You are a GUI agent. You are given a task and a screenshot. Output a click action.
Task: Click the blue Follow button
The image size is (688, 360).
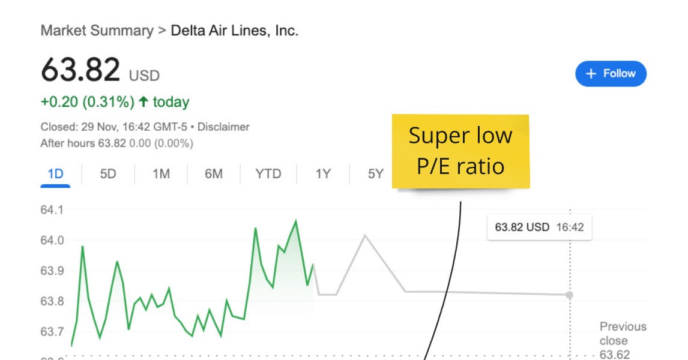[611, 74]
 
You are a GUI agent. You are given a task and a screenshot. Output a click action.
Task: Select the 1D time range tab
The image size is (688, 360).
[55, 174]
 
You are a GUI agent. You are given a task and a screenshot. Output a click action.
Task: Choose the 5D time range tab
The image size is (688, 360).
[108, 174]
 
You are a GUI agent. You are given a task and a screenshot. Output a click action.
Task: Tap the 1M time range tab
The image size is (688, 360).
[161, 174]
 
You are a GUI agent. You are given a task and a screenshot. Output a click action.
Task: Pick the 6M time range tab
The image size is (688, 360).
[213, 174]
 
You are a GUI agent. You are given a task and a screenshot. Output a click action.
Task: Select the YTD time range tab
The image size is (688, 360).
[268, 174]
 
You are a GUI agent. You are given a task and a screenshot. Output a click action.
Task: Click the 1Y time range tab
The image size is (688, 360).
[323, 174]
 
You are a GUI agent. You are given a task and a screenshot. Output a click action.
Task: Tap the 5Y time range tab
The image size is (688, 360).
[375, 174]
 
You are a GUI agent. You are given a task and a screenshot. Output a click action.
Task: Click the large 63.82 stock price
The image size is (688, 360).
[80, 70]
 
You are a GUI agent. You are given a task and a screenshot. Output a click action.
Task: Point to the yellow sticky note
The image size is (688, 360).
[460, 151]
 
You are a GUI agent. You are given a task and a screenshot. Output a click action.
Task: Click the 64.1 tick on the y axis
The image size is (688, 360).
[52, 210]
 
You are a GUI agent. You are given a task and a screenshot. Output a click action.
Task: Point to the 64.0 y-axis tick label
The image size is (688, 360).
[52, 241]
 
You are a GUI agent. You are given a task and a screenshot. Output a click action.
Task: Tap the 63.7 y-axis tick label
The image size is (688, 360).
[52, 332]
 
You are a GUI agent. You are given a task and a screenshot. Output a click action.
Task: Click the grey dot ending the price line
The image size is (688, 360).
[569, 295]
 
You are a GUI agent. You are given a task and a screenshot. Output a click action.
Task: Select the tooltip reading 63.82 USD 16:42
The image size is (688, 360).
[539, 228]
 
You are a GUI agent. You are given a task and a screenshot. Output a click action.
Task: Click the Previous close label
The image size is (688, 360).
[623, 333]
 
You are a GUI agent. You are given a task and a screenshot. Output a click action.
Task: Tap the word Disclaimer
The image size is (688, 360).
[223, 127]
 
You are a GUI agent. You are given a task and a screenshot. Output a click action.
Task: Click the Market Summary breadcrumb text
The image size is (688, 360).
[97, 31]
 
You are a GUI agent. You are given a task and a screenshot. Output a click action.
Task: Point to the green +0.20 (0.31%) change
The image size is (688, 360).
[88, 103]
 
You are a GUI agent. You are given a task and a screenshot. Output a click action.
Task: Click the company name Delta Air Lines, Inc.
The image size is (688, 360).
[234, 31]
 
